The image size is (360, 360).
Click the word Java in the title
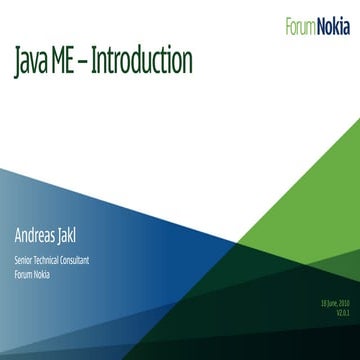pos(33,62)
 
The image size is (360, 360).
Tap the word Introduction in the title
pos(144,62)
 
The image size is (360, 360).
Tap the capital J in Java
pos(18,62)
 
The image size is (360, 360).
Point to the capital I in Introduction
pos(103,62)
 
